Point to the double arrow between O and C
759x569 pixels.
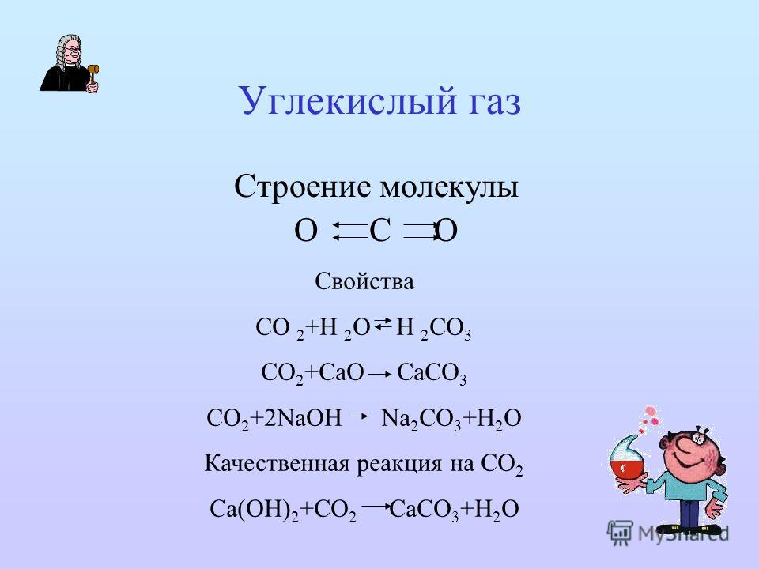point(349,231)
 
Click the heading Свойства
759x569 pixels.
point(364,281)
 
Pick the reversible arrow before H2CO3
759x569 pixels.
point(383,323)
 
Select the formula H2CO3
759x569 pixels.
point(434,329)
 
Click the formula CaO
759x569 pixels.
point(342,372)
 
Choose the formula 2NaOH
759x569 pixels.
point(303,417)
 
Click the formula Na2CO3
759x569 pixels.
point(421,419)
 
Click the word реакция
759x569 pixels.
point(399,465)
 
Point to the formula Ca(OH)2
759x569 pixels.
point(254,510)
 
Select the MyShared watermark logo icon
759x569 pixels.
point(620,533)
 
